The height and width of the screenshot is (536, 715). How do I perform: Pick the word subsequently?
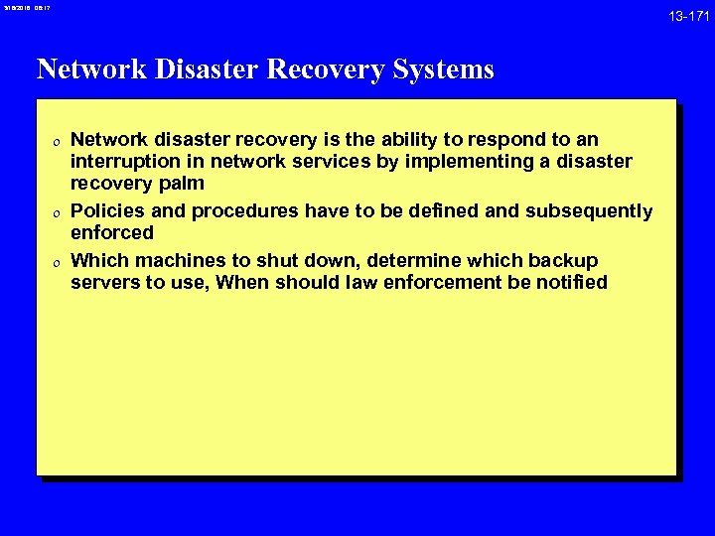[x=589, y=210]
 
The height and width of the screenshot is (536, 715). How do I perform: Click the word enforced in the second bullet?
[x=112, y=232]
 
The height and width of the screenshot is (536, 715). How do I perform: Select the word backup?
[x=563, y=260]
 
